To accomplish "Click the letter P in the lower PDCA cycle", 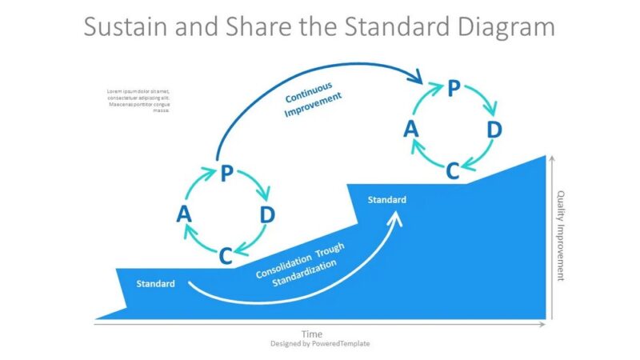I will point(226,174).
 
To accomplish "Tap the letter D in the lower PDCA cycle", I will point(268,214).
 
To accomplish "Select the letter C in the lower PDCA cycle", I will point(226,256).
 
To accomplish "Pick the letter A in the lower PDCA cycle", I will point(184,214).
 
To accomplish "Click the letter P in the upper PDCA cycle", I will point(454,88).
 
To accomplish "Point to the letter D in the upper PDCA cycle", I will point(494,130).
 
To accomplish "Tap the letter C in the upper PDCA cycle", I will point(452,170).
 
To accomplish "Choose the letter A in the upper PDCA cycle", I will point(411,130).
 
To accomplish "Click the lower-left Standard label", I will point(155,284).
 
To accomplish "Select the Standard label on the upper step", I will point(386,200).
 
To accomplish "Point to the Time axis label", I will point(312,333).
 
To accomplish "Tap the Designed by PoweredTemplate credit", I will point(319,343).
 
